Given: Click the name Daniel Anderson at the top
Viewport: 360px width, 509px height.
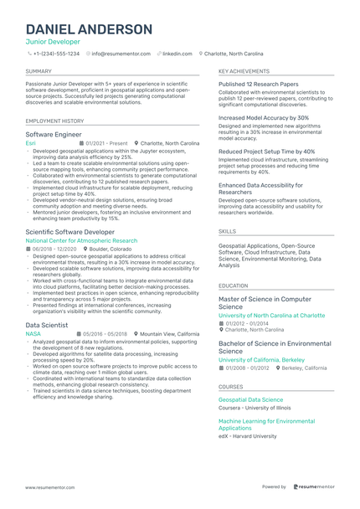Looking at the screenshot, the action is [x=89, y=29].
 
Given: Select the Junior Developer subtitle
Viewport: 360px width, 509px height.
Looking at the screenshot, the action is [x=53, y=42].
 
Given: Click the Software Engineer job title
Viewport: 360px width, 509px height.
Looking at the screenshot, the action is [x=54, y=134].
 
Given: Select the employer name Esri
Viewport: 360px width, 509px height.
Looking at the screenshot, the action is [x=31, y=143].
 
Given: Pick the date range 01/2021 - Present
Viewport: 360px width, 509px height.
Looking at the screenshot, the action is [x=107, y=143].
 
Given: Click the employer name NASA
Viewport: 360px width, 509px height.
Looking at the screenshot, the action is [x=33, y=333].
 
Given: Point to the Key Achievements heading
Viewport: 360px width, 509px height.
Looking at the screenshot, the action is [x=244, y=72].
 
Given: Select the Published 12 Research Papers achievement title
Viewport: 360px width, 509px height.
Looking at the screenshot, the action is [x=258, y=85].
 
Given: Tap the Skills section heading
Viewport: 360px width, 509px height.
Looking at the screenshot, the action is [x=227, y=230].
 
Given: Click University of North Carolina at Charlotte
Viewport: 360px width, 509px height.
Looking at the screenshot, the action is [x=271, y=316].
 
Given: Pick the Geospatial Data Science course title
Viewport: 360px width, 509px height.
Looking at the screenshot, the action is [x=250, y=400].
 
